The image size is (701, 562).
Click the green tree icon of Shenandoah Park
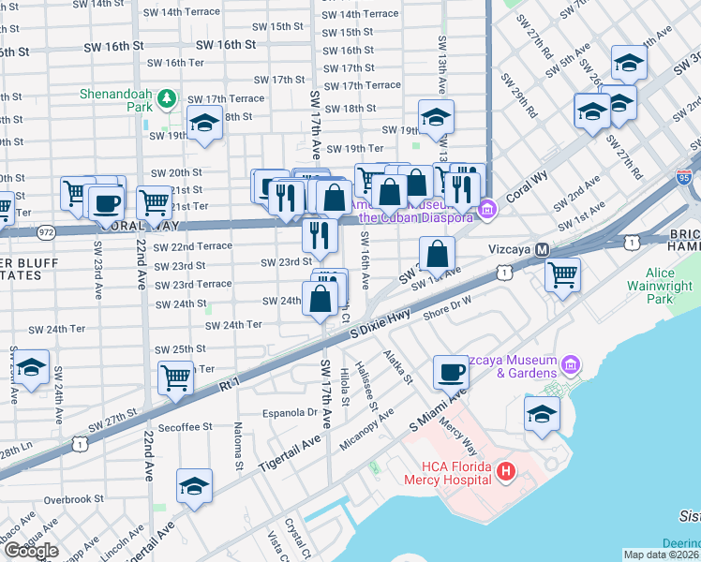pos(166,96)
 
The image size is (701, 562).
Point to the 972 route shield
pos(45,230)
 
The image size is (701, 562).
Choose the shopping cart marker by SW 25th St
pos(175,377)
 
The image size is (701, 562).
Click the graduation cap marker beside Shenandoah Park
pos(202,124)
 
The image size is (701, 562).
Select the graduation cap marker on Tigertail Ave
pos(194,486)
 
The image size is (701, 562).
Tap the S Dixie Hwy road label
pos(381,325)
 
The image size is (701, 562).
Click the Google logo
pos(32,551)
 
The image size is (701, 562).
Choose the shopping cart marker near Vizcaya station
pos(562,274)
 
